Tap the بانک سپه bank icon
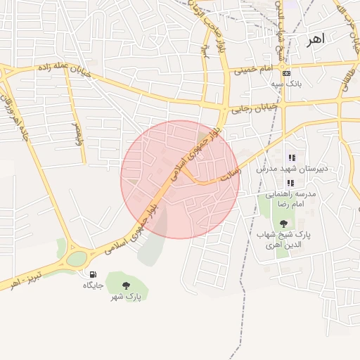(x=285, y=73)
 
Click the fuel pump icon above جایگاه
(x=93, y=274)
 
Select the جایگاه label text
(x=93, y=285)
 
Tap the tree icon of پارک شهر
(x=126, y=285)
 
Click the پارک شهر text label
(x=126, y=297)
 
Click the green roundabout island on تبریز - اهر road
(x=76, y=259)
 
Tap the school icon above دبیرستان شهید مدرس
(x=292, y=157)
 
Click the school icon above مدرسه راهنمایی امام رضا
(x=290, y=183)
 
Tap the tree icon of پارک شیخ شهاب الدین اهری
(x=283, y=223)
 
